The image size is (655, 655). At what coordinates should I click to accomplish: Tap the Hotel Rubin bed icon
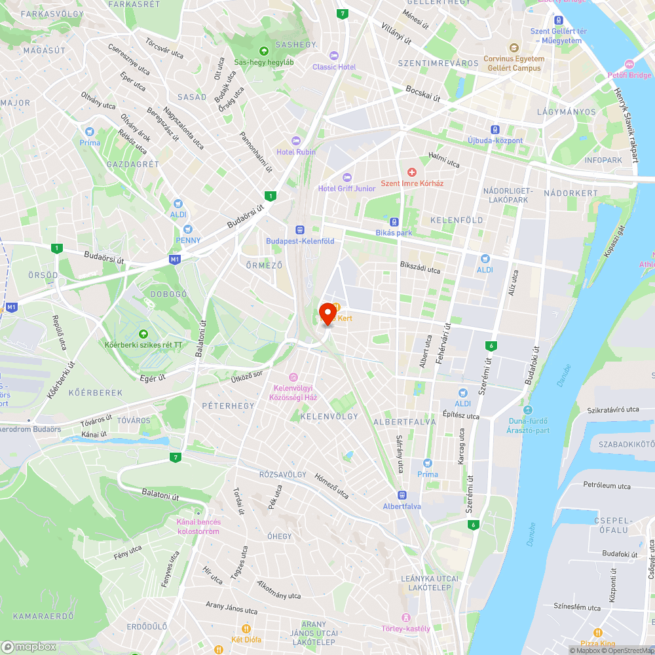(296, 140)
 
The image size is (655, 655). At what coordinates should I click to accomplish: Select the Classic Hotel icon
(334, 55)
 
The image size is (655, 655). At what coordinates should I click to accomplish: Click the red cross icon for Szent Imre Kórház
(412, 172)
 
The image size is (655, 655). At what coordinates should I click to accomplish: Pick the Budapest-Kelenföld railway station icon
(300, 230)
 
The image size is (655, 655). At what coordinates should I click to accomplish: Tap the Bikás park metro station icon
(394, 222)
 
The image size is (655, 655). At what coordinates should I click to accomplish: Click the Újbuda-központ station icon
(496, 130)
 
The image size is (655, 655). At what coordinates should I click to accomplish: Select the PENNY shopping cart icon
(188, 229)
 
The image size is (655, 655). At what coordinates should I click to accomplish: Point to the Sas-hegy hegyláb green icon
(263, 50)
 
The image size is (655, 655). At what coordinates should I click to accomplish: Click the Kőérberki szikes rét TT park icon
(143, 333)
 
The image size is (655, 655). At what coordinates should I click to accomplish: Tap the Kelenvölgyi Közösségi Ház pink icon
(293, 377)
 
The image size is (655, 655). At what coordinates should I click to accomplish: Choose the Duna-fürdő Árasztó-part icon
(527, 409)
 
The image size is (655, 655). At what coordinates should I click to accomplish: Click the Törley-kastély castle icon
(406, 617)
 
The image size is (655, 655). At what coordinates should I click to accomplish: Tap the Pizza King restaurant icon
(598, 633)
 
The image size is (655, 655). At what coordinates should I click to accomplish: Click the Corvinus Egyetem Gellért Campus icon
(513, 48)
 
